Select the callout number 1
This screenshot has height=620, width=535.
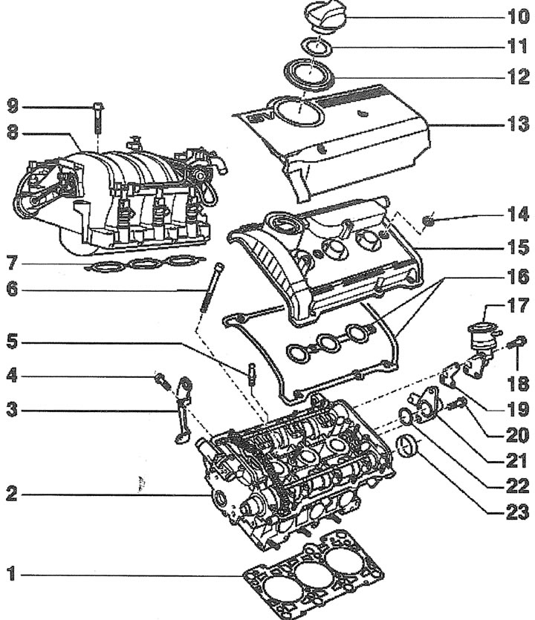(x=10, y=574)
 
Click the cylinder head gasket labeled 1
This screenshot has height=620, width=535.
(x=312, y=572)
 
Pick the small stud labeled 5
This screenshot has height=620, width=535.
(x=250, y=371)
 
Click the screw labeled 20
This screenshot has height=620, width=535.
(x=457, y=405)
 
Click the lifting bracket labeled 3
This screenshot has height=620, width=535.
(x=181, y=408)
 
